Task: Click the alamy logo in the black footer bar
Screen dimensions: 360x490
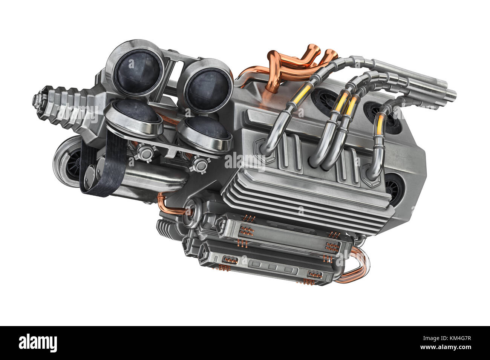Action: pyautogui.click(x=38, y=343)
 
